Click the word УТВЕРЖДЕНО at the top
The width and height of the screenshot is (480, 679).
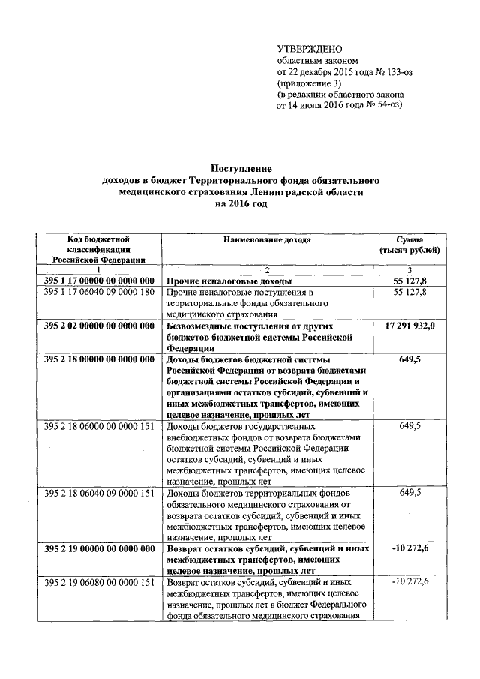310,49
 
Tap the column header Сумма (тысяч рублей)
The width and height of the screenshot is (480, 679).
409,245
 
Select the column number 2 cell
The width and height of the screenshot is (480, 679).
267,269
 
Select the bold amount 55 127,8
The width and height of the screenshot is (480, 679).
410,280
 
